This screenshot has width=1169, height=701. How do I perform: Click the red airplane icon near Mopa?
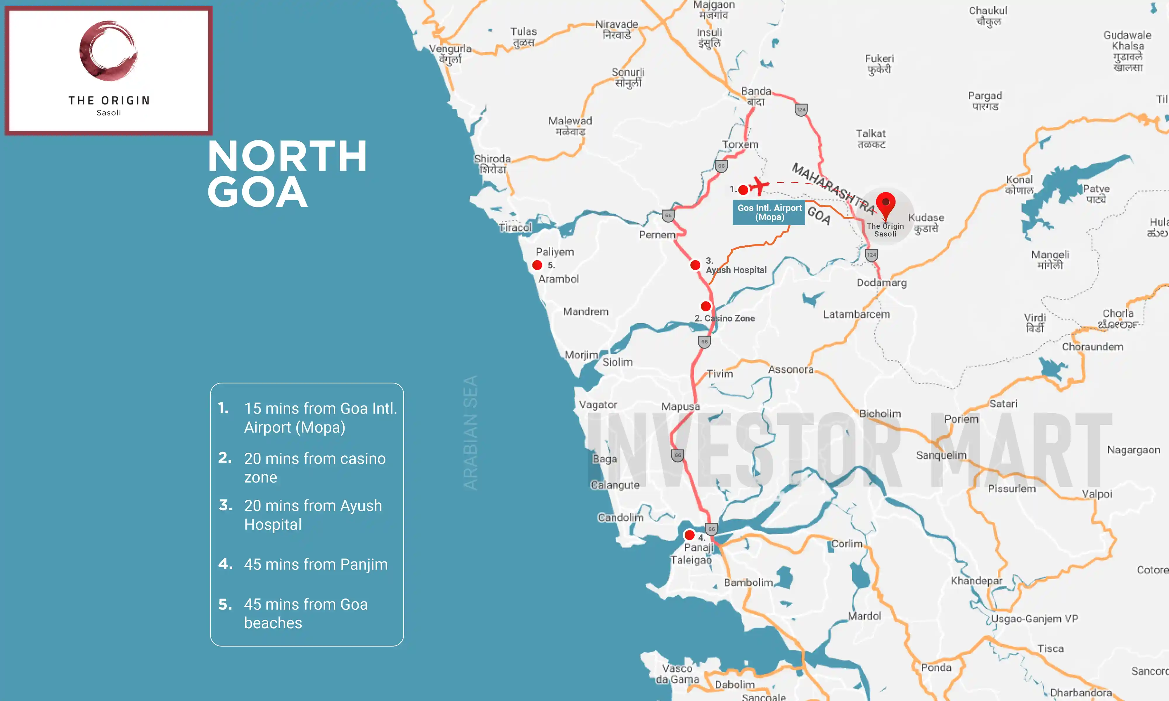(759, 186)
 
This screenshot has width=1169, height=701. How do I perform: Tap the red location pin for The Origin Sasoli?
(886, 204)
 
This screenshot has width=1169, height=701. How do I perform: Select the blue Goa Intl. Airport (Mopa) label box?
(769, 213)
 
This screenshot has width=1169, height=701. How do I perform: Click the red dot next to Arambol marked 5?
(537, 265)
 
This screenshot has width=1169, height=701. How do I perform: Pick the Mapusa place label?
(680, 406)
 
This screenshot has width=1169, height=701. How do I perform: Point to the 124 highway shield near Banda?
(801, 110)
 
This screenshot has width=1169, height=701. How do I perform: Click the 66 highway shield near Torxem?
(721, 166)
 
